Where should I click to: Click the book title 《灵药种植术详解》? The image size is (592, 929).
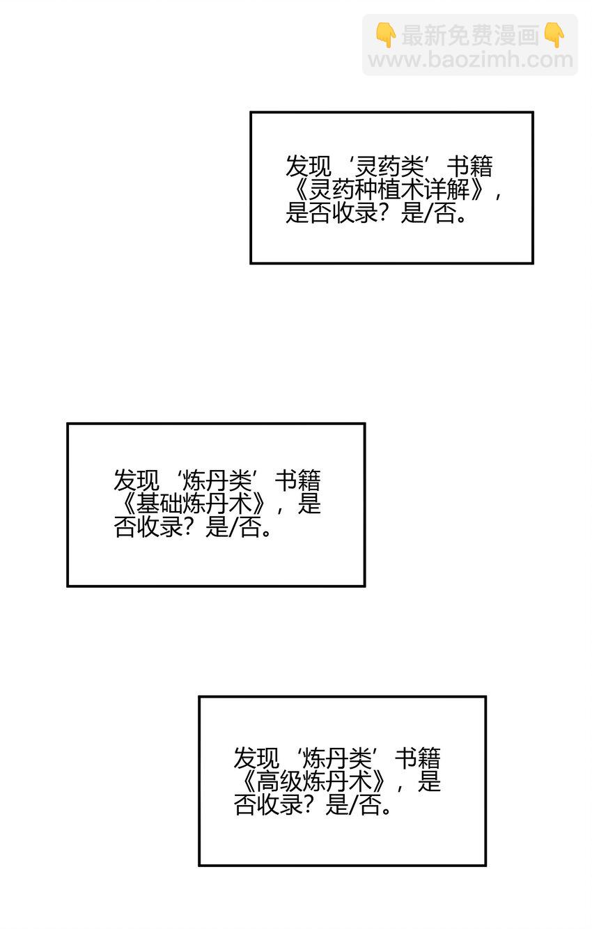click(x=390, y=190)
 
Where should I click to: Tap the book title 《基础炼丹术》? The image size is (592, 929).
click(x=194, y=504)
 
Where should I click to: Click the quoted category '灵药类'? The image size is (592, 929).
click(x=389, y=166)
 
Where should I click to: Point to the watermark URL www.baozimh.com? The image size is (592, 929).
click(x=470, y=60)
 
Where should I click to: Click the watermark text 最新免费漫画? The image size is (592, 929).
click(x=470, y=36)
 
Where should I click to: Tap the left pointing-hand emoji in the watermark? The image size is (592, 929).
click(x=386, y=36)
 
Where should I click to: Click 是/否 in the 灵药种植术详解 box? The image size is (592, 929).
click(x=428, y=214)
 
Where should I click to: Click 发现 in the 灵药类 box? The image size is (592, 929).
click(x=309, y=166)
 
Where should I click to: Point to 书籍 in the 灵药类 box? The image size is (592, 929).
click(x=469, y=166)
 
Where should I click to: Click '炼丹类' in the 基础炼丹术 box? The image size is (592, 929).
click(x=218, y=481)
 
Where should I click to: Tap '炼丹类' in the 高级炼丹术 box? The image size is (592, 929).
click(x=337, y=758)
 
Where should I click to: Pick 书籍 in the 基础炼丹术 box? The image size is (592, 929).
click(x=298, y=481)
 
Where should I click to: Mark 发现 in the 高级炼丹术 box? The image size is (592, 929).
click(x=256, y=758)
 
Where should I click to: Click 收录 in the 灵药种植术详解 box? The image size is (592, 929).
click(x=355, y=214)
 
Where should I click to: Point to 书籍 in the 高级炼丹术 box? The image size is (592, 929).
click(x=418, y=758)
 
